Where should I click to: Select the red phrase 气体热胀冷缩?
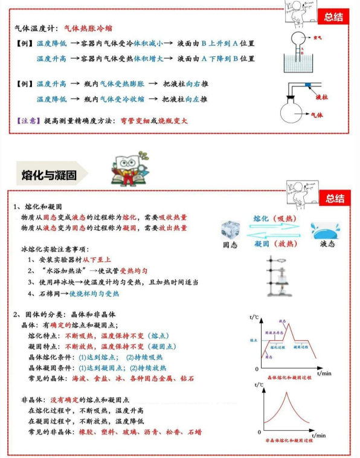(x=88, y=28)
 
